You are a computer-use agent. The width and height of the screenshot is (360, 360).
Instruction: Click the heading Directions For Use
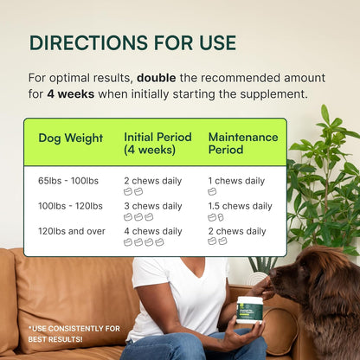click(132, 42)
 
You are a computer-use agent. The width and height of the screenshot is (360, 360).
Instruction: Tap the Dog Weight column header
click(70, 138)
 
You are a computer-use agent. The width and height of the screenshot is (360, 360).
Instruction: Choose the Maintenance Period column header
click(243, 144)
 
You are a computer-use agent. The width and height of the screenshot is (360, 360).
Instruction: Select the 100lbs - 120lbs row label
click(70, 206)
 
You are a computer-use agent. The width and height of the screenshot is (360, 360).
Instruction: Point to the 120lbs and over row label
click(74, 231)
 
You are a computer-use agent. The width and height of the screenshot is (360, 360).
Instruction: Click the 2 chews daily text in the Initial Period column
click(153, 181)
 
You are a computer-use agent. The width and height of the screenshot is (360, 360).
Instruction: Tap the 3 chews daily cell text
click(153, 206)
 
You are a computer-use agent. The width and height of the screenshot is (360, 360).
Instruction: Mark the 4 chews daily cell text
click(153, 231)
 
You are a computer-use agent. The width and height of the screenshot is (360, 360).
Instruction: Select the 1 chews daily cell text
click(236, 181)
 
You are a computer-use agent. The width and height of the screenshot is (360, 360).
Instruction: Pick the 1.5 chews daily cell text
click(240, 206)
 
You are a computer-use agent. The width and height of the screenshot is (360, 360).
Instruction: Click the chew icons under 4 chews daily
click(144, 242)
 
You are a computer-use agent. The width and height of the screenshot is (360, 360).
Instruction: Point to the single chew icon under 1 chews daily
click(212, 191)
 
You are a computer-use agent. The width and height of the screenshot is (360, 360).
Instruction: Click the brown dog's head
click(312, 286)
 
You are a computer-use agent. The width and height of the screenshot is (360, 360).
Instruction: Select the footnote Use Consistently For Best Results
click(62, 333)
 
